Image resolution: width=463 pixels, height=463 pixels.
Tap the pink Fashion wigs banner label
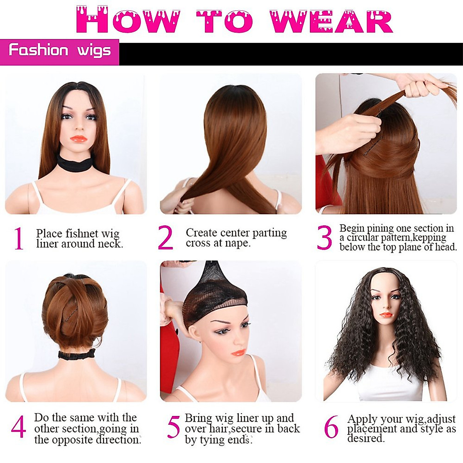pos(59,52)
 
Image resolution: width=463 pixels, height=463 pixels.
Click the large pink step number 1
pos(19,238)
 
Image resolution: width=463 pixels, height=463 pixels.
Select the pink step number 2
pos(165,238)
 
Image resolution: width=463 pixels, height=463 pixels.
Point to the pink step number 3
pos(324,237)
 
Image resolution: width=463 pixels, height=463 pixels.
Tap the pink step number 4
pos(19,427)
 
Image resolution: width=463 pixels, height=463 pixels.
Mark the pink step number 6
pos(331,427)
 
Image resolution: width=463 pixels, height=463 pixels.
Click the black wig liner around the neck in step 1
pos(75,163)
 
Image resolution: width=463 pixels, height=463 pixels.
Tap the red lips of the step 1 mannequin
pos(79,139)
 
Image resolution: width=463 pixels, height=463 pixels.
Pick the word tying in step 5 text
pos(210,440)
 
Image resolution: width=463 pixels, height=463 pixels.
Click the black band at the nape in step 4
pos(77,355)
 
